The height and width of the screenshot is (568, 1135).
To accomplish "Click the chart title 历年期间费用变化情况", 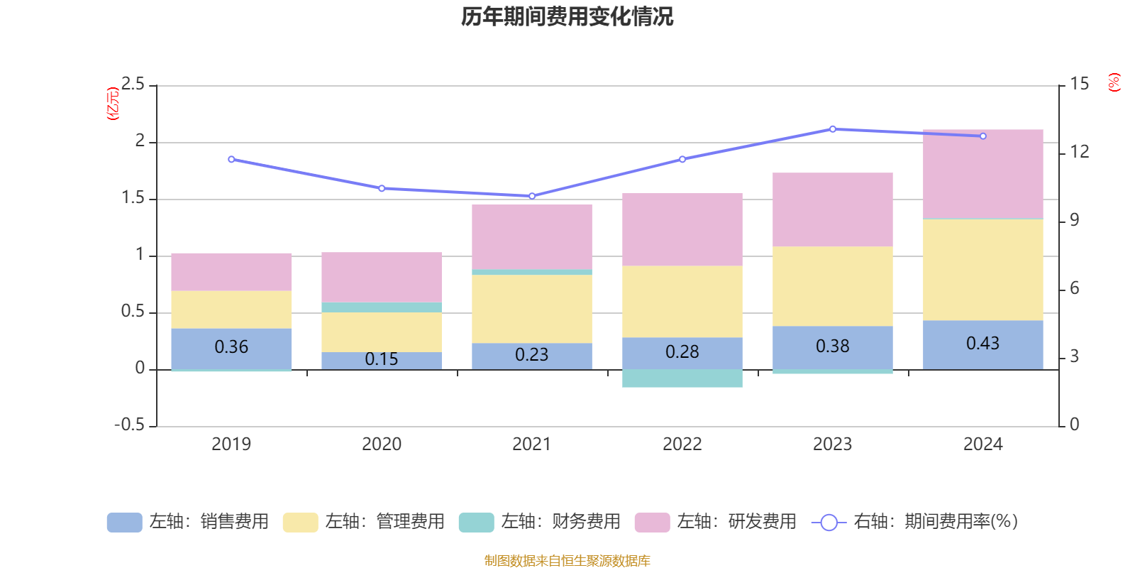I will click(x=567, y=16).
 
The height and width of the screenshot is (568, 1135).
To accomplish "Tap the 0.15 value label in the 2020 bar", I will click(x=381, y=359).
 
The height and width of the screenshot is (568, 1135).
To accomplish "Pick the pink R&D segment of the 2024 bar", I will click(x=982, y=174).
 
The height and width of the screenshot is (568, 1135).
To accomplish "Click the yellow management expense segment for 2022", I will click(x=682, y=302).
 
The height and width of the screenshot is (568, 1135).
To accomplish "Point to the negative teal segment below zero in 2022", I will click(x=682, y=378).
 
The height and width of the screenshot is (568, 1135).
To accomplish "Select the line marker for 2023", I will click(x=832, y=129).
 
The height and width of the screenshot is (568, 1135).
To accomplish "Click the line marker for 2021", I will click(x=532, y=196).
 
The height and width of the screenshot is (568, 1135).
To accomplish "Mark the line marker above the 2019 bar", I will click(x=231, y=159).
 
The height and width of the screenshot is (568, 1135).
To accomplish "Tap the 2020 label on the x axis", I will click(x=381, y=444).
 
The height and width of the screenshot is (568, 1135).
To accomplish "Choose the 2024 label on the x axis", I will click(x=982, y=444).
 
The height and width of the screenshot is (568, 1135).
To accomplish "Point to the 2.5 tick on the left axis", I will click(x=133, y=84).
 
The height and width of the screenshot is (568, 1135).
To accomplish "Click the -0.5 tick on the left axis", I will click(x=129, y=425).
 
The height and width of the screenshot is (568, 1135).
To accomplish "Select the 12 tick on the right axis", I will click(x=1079, y=151).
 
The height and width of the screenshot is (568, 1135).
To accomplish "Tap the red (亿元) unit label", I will click(x=112, y=104).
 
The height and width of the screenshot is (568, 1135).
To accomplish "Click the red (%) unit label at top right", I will click(x=1114, y=82).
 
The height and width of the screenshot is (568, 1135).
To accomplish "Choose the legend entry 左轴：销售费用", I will click(x=188, y=522).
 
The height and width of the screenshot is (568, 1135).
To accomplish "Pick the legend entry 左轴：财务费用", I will click(x=540, y=522).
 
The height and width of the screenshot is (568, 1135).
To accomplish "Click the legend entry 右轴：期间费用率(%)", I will click(x=915, y=522).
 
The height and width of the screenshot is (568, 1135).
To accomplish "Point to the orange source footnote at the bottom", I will click(x=567, y=561).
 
